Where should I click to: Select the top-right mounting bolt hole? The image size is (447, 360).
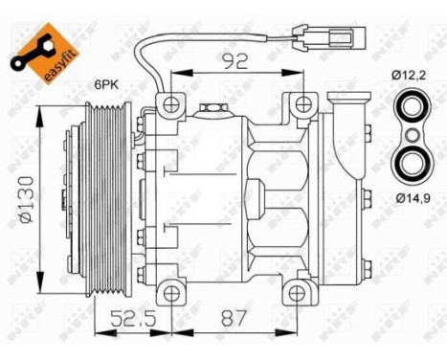[303, 104]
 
